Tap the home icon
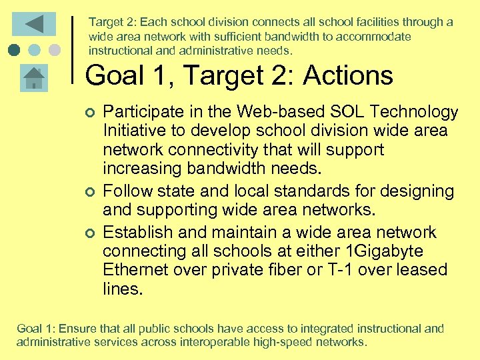pyautogui.click(x=33, y=78)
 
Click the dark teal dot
pyautogui.click(x=14, y=50)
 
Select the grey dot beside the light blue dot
pyautogui.click(x=55, y=50)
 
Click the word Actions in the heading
pyautogui.click(x=348, y=76)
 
